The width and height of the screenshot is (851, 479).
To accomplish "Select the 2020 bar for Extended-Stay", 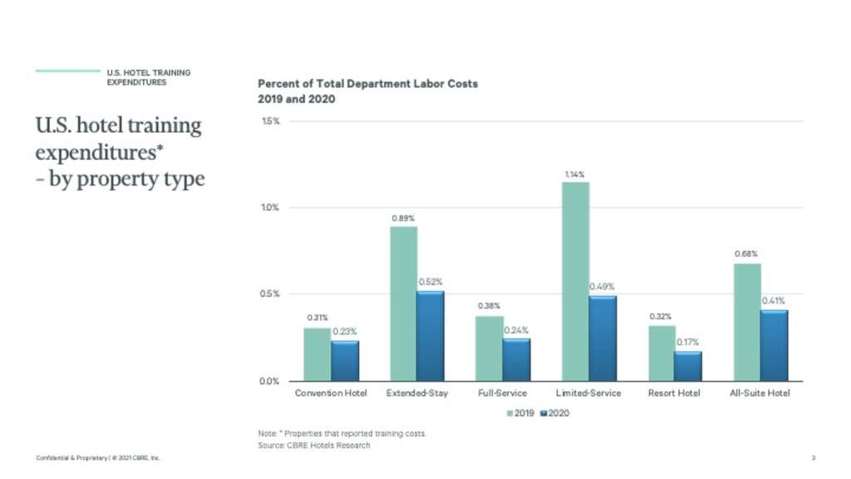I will click(x=430, y=336).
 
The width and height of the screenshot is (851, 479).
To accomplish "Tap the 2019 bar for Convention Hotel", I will click(x=317, y=354).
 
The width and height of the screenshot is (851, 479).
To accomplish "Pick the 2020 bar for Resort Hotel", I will click(x=688, y=366).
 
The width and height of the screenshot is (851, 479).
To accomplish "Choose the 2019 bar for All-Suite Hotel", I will click(x=747, y=322).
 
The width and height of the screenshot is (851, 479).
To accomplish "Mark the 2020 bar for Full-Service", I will click(x=517, y=359).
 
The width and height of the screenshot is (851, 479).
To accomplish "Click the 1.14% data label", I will click(x=575, y=175).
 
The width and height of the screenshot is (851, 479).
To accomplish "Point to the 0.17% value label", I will click(x=688, y=343).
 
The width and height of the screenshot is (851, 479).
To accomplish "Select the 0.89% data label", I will click(x=403, y=219).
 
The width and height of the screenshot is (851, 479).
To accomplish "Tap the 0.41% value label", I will click(x=774, y=301).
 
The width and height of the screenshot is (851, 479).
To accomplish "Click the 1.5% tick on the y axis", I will click(x=271, y=121).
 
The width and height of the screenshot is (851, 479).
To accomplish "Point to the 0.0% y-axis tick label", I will click(x=271, y=381).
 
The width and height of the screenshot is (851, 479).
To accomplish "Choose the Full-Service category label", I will click(x=502, y=393).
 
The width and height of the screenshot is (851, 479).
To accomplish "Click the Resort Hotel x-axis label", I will click(x=674, y=393).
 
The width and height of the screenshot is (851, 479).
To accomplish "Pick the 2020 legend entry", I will click(x=556, y=412).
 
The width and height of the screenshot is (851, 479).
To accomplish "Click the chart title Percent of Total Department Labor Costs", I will click(x=367, y=85).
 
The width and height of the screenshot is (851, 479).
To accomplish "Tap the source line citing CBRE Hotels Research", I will click(x=314, y=446).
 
